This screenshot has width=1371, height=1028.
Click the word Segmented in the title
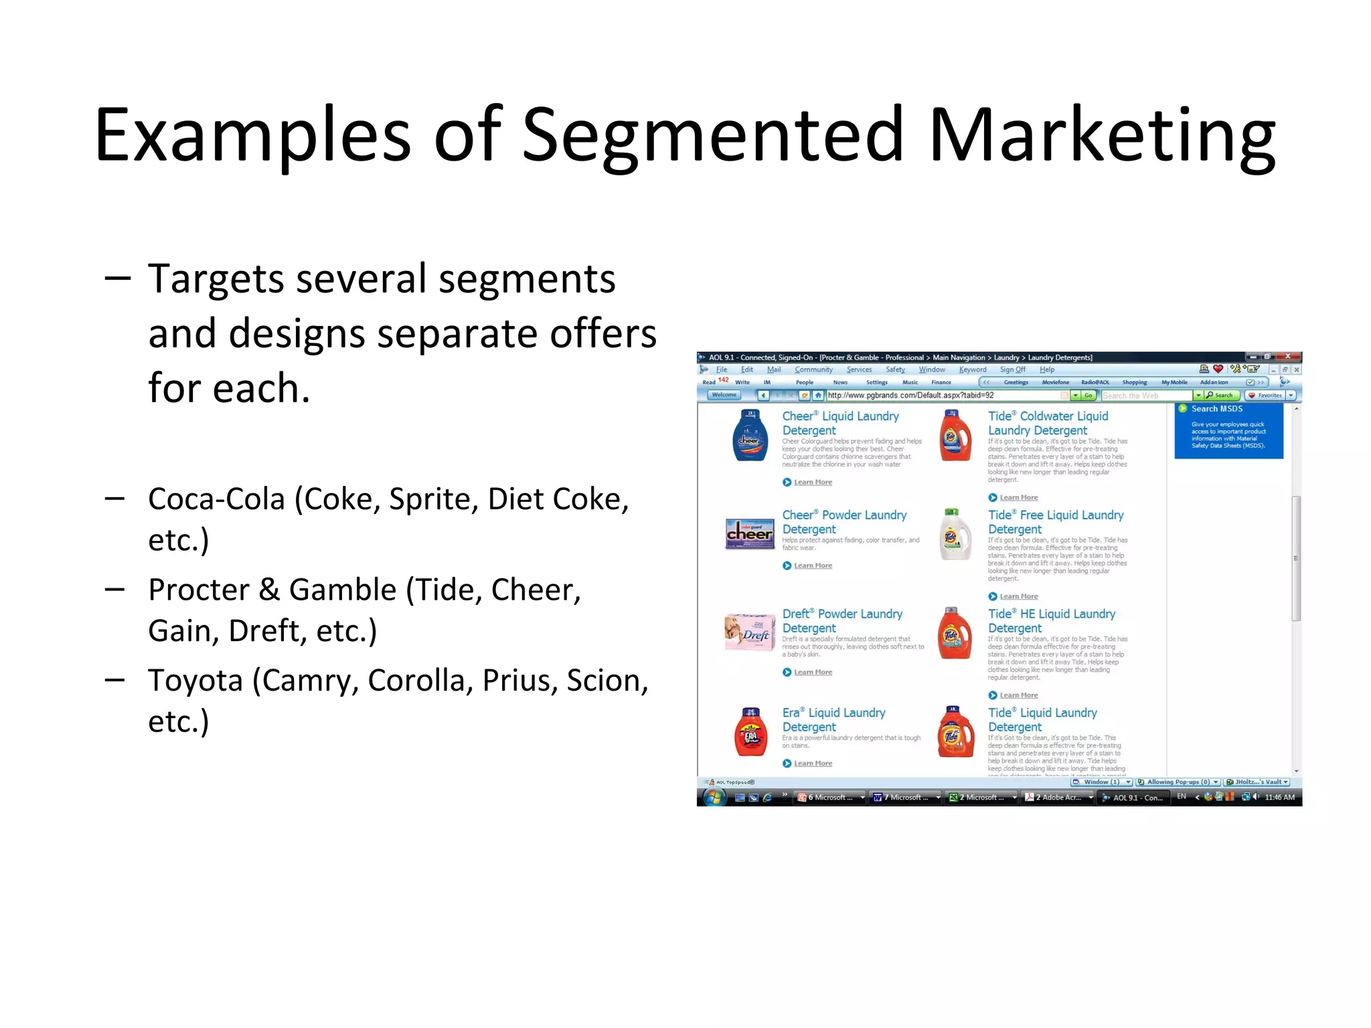click(713, 135)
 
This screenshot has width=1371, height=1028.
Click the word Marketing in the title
click(1102, 135)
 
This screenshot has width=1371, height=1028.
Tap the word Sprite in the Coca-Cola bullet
click(433, 499)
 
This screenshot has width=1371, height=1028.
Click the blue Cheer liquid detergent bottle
click(750, 436)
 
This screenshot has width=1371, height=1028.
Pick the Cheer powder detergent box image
click(750, 533)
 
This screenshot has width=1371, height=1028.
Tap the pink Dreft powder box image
click(749, 632)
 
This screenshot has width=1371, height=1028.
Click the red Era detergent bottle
click(750, 732)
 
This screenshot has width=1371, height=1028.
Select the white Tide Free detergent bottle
click(955, 535)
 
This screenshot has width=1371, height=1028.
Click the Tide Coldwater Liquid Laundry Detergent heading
click(1048, 423)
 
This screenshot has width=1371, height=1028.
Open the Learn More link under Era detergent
click(813, 763)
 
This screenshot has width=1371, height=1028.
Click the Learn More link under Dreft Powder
click(813, 672)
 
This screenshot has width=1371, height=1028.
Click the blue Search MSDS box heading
click(1216, 409)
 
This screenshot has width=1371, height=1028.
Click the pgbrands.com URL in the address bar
click(910, 396)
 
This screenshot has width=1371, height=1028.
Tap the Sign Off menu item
click(1012, 369)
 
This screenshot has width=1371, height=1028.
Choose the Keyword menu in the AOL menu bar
click(972, 369)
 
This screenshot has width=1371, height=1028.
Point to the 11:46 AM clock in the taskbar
click(1279, 797)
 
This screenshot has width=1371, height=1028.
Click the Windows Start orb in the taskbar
click(714, 797)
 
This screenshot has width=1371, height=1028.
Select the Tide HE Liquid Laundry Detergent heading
click(1051, 621)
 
